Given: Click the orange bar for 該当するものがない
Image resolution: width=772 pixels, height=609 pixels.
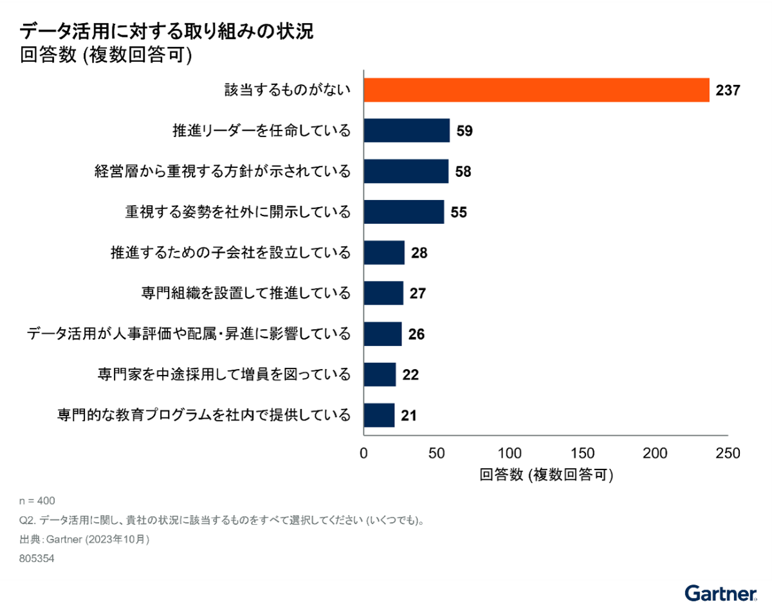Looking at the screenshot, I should [x=537, y=90].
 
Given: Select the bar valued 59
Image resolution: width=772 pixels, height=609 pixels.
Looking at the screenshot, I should [x=407, y=131].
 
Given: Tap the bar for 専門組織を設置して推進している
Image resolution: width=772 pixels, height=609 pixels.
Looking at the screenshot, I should [x=383, y=293].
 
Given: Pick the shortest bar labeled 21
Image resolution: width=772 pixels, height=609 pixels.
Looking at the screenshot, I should [x=379, y=415].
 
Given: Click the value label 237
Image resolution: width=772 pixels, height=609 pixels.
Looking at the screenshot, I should [x=728, y=91].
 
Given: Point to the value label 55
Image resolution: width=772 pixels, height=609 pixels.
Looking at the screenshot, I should [x=459, y=212].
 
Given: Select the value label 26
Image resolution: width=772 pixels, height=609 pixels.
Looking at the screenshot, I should [x=416, y=334].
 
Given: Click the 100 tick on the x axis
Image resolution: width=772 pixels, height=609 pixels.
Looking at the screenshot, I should [x=510, y=453].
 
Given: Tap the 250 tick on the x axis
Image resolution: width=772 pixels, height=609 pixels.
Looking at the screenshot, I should [x=728, y=453].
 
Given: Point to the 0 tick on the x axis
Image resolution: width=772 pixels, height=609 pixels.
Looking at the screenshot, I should [x=364, y=453].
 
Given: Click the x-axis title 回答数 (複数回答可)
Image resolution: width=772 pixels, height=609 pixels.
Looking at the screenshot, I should [x=546, y=476].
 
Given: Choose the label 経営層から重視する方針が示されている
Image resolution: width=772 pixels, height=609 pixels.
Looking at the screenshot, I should [x=223, y=172].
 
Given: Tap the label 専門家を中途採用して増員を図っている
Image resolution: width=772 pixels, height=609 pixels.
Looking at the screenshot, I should [x=225, y=374].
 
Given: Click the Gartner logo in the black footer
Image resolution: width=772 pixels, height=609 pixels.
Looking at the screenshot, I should [x=720, y=593].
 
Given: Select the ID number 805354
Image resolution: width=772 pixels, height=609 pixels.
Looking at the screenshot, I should [x=37, y=559].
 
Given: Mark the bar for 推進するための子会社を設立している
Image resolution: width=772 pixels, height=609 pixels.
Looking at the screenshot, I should [x=384, y=253].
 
